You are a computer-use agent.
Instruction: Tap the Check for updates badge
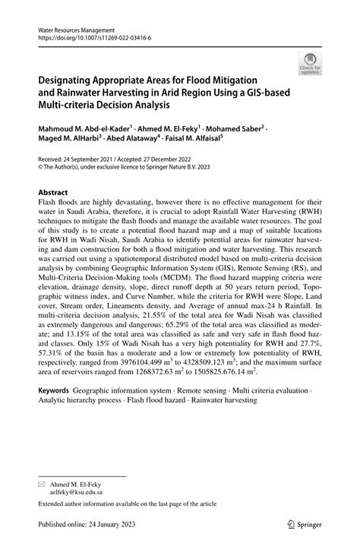tap(308, 65)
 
